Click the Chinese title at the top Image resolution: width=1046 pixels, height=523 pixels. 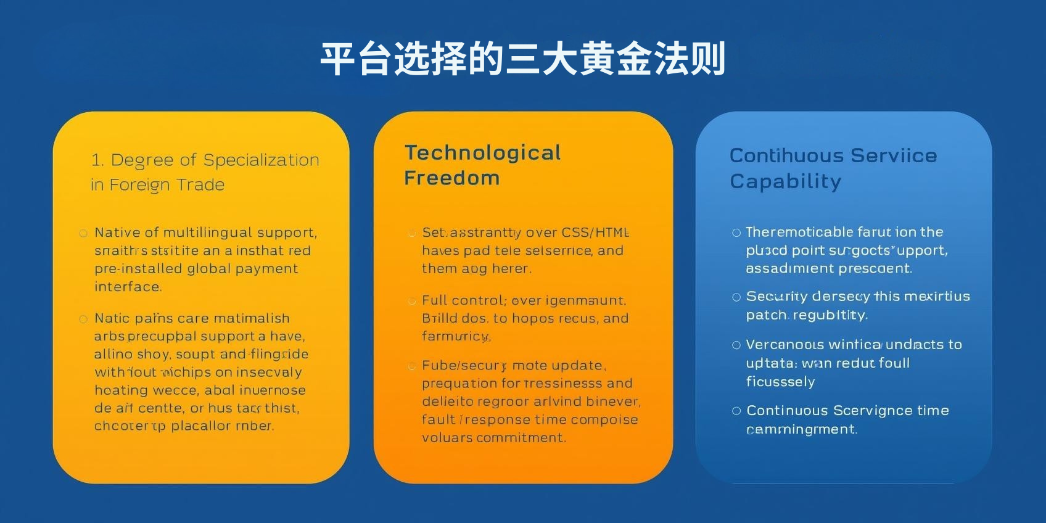522,59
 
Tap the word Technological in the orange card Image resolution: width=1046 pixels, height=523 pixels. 482,153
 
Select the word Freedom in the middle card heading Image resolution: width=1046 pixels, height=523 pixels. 451,178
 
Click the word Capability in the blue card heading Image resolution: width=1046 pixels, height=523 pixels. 785,181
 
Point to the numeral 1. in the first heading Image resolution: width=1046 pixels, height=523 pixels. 97,160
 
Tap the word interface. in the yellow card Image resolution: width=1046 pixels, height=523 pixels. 128,287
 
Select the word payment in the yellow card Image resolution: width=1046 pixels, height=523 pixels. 268,269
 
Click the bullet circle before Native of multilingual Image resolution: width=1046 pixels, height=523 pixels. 83,233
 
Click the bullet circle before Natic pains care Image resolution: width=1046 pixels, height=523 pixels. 83,319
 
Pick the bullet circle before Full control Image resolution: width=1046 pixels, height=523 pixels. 411,301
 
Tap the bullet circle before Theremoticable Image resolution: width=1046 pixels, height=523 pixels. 736,233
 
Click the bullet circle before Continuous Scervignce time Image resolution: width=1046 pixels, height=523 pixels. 736,411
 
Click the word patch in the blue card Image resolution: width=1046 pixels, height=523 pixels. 766,315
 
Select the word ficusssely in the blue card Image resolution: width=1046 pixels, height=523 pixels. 780,382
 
